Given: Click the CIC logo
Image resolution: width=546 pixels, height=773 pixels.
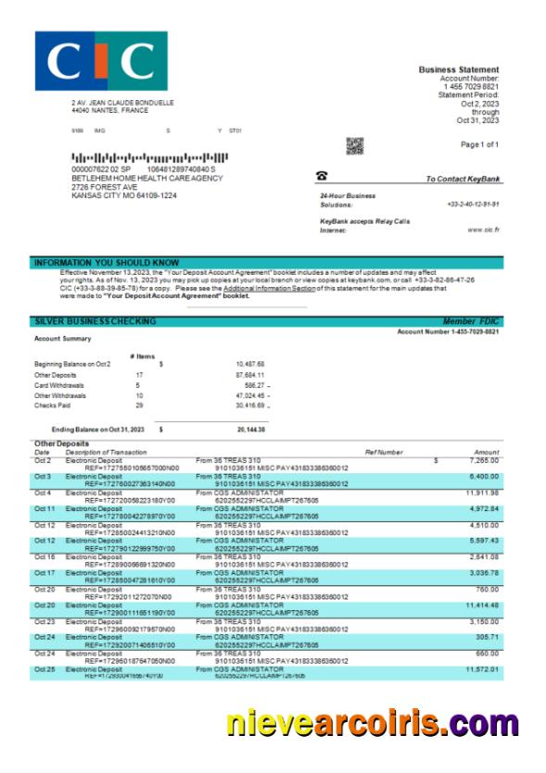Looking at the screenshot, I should [101, 61].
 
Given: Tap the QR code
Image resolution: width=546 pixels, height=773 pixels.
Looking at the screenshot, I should [354, 145].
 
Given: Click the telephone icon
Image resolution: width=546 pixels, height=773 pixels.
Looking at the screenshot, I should [322, 176].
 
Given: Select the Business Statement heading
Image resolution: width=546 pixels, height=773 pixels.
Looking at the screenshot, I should [458, 69].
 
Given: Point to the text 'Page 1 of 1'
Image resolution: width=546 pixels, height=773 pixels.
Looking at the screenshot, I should [479, 144].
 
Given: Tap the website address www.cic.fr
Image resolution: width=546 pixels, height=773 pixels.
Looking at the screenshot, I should [483, 230].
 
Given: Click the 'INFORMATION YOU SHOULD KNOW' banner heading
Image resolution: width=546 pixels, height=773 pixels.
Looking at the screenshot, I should [107, 263].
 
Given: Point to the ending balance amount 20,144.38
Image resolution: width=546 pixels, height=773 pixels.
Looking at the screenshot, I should [250, 430].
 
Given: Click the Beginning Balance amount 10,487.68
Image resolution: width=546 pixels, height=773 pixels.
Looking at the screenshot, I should [250, 364].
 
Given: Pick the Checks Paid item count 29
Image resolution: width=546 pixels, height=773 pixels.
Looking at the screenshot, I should [138, 405].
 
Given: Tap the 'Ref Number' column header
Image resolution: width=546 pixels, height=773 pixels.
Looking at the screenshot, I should [384, 452].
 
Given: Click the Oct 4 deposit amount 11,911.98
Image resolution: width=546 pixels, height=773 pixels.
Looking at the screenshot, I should [483, 492].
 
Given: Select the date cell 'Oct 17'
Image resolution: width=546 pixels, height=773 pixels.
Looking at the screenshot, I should [44, 573].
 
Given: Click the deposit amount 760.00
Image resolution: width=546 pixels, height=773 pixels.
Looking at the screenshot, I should [488, 589].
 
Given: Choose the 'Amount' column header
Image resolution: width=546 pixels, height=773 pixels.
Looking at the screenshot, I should [486, 452].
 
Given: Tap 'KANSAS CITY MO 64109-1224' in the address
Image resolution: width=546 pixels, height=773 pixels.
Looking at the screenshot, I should [124, 195].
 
